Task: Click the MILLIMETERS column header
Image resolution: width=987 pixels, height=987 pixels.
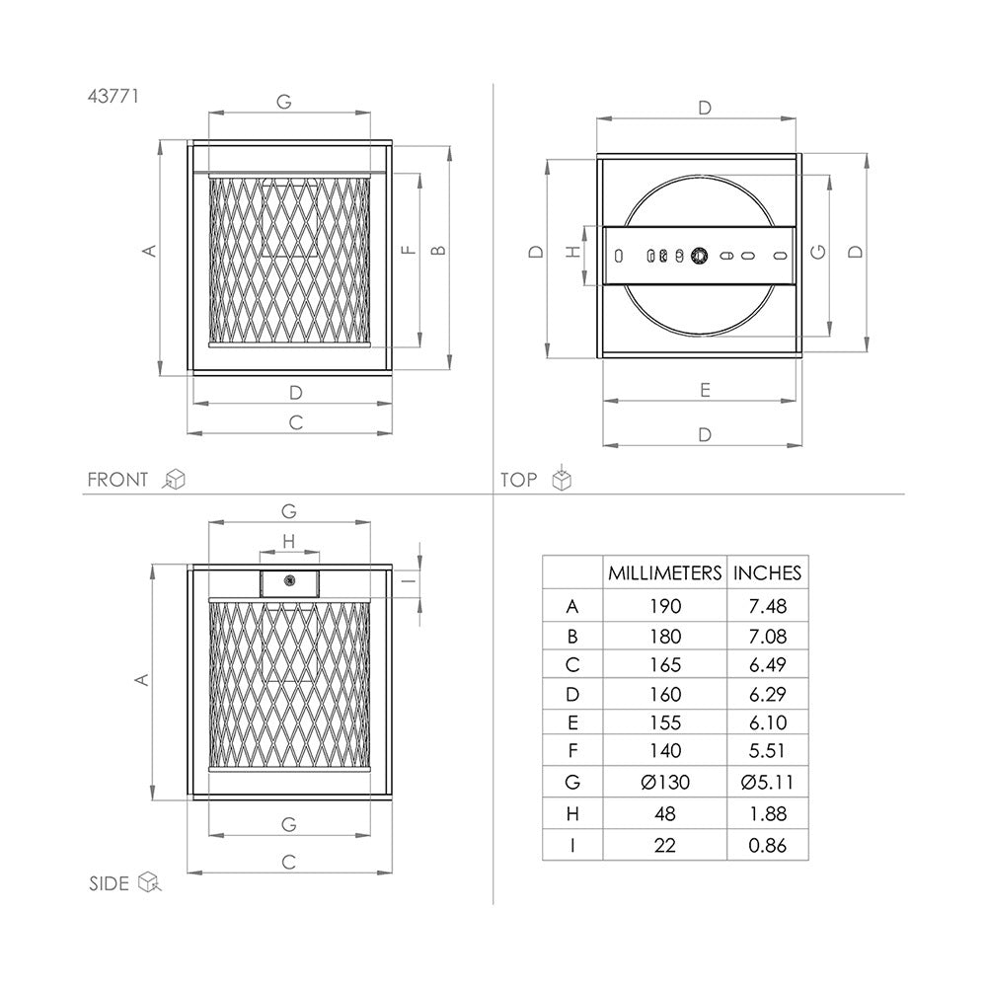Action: pos(664,572)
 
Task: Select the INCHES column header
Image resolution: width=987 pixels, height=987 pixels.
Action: pos(767,572)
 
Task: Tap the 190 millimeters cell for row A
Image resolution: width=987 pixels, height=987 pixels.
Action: pos(664,606)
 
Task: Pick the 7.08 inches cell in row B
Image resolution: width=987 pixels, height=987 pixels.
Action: pos(767,636)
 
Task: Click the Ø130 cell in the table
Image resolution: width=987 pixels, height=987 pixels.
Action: pos(664,783)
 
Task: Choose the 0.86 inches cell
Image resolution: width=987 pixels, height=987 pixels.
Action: pos(767,845)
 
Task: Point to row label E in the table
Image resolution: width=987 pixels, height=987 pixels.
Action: pos(572,723)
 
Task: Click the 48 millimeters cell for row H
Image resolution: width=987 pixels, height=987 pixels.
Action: pos(664,815)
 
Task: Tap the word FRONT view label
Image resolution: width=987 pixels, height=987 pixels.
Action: pos(117,480)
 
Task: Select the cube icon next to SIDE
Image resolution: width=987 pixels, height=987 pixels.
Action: pos(149,881)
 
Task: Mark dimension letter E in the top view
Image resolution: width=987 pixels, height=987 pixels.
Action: pos(704,390)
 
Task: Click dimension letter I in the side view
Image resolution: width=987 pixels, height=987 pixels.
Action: pos(406,580)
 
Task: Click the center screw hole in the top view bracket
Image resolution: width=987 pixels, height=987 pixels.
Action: pos(699,256)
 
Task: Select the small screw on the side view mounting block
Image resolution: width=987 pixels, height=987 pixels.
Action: pos(289,580)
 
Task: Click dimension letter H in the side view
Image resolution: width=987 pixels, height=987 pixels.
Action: pos(288,540)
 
